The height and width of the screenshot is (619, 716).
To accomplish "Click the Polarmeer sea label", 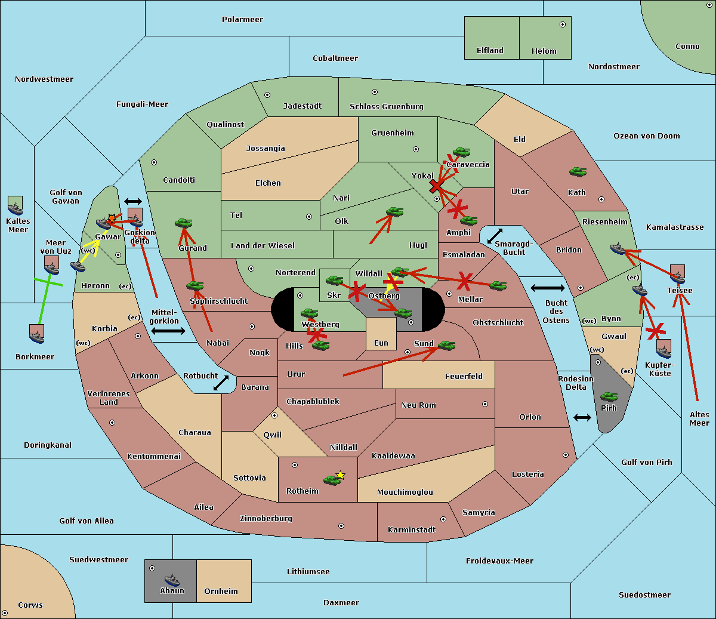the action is [242, 20].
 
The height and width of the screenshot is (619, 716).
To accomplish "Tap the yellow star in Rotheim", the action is [340, 475].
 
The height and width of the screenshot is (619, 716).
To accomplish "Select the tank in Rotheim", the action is [332, 481].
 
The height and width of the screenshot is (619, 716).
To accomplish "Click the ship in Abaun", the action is [172, 580].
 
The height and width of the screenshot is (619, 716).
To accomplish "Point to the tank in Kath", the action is [578, 171].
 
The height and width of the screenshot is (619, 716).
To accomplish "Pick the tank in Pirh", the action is [609, 396].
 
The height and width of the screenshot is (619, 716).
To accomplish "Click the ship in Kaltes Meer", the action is [16, 209].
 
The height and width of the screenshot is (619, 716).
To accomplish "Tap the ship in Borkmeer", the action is [37, 337].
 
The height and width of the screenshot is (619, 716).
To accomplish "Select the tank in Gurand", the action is [183, 223].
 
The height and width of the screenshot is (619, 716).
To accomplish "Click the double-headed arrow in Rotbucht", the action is [221, 383].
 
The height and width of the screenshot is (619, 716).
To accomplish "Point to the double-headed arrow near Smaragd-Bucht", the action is [495, 236].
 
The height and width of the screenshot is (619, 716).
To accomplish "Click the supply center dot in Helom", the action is [563, 24].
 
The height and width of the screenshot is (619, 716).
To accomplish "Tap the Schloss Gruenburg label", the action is [386, 106].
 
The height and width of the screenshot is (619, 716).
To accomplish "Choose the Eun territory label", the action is [381, 343].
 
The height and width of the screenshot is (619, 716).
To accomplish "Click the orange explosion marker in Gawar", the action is [112, 218].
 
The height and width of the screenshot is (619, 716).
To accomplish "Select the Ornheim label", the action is [221, 591].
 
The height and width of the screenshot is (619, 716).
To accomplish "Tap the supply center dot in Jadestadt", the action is [267, 95].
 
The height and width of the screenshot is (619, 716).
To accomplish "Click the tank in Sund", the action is [446, 346].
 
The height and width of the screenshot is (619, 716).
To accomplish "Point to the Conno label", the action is [687, 46].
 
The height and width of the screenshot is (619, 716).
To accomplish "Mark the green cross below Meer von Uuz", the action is [48, 282].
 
